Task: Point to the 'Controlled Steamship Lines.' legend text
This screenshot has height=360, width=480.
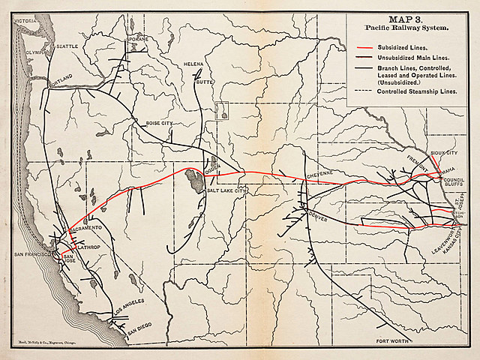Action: [x=406, y=91]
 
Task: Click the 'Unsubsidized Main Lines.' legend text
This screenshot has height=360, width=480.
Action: [x=403, y=56]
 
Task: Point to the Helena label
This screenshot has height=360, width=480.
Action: [x=193, y=65]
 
